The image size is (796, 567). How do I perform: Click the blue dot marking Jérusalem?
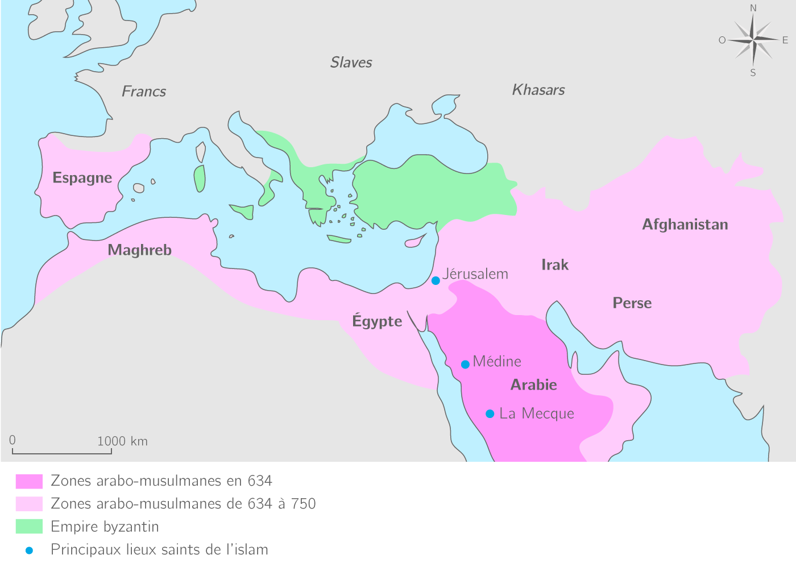click(436, 280)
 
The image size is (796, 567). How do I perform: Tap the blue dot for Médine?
click(465, 364)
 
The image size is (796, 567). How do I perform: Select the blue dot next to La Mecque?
click(490, 413)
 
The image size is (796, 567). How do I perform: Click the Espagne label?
click(82, 178)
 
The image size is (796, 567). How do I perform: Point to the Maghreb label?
click(139, 250)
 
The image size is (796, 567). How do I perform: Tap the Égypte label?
click(377, 321)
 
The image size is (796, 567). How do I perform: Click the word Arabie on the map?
click(533, 385)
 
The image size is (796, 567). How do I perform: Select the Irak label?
click(554, 265)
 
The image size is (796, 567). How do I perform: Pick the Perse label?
click(632, 303)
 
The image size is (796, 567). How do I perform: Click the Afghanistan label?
click(685, 225)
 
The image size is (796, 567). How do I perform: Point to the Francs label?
click(144, 92)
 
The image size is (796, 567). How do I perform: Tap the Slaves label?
click(351, 63)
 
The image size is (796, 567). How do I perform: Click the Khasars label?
click(538, 90)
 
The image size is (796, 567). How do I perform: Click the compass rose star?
click(753, 40)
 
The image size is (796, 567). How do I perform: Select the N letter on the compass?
click(753, 8)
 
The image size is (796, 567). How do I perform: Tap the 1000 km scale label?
click(122, 441)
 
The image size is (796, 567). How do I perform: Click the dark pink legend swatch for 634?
click(29, 482)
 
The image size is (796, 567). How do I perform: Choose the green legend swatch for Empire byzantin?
click(29, 527)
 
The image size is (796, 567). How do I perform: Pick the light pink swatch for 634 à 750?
click(29, 504)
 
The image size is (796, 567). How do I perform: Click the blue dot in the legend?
click(29, 551)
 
